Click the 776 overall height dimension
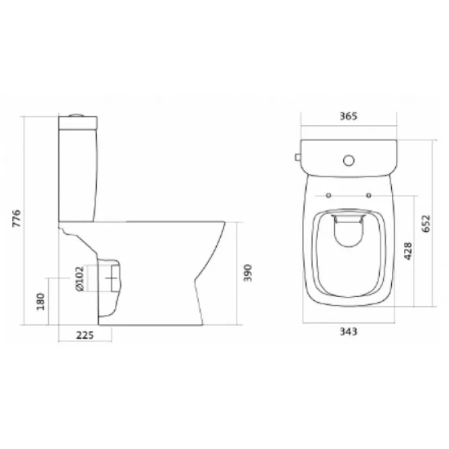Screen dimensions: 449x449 tap(17, 219)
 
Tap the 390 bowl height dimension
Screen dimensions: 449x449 tap(248, 273)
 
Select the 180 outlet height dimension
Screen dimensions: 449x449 tap(40, 301)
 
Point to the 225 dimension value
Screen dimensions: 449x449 tap(85, 335)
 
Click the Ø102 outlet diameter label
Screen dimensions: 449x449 tap(80, 278)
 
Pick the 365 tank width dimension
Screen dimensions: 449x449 tap(348, 116)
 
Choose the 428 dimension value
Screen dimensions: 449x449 tap(408, 251)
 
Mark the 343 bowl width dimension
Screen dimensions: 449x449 tap(348, 332)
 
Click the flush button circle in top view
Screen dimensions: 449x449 tap(348, 160)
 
